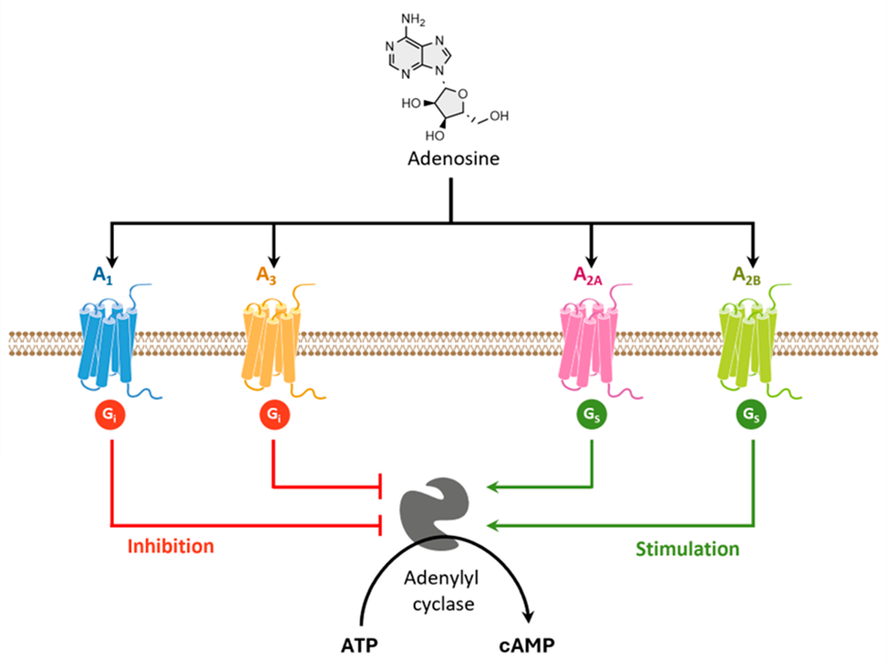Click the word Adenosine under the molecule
(x=453, y=159)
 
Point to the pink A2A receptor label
(x=588, y=276)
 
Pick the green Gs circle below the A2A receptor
(x=592, y=415)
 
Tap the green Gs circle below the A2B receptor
(x=751, y=415)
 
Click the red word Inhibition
(x=171, y=546)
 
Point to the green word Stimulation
(x=687, y=549)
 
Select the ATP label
(x=359, y=646)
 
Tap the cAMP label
(x=527, y=646)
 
